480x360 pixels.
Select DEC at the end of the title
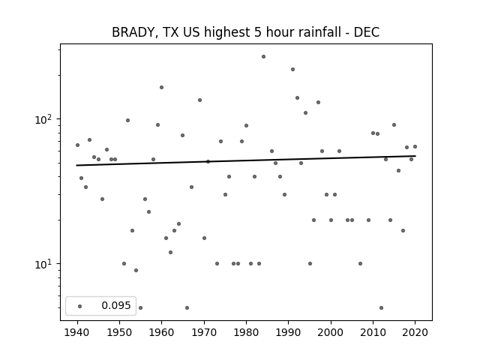[x=367, y=32]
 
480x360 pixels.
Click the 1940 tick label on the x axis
[x=77, y=332]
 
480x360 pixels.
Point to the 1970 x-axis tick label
[x=204, y=332]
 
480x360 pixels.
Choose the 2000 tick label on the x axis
[x=331, y=332]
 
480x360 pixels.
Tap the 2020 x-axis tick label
[x=415, y=332]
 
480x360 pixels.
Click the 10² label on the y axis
[x=43, y=119]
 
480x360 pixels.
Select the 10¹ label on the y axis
[x=43, y=264]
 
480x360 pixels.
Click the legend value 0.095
[x=116, y=305]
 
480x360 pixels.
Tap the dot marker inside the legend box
[x=80, y=306]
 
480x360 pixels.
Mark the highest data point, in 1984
[x=263, y=57]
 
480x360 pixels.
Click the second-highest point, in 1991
[x=292, y=70]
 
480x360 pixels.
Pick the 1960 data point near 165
[x=162, y=87]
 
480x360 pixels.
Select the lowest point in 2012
[x=381, y=307]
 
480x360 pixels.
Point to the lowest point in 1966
[x=187, y=307]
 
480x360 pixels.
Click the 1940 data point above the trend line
[x=77, y=145]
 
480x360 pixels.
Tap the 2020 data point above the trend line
[x=415, y=147]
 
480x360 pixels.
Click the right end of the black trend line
[x=415, y=156]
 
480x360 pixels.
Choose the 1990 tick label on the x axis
[x=288, y=332]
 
